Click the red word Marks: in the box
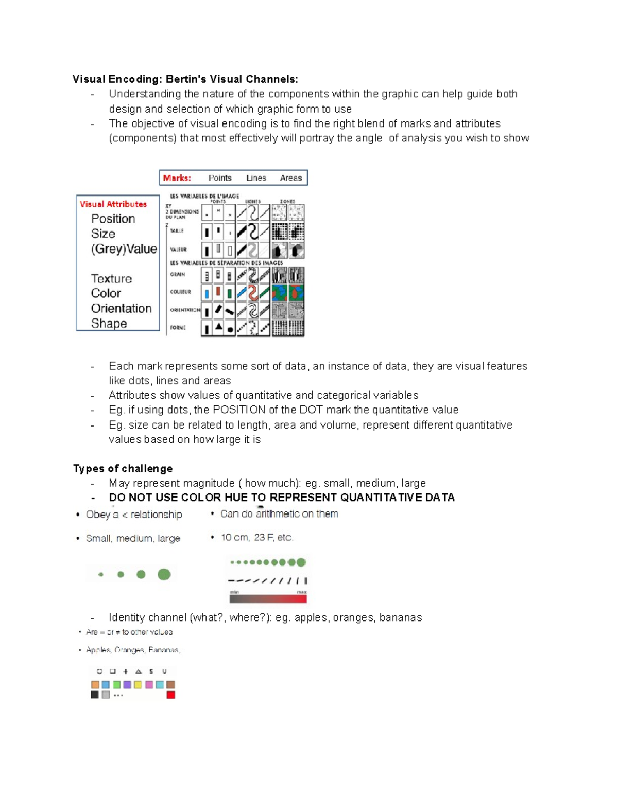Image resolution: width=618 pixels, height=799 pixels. coord(177,178)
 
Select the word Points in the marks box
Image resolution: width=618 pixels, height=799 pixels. coord(220,178)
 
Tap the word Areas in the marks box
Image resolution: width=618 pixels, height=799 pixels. coord(290,178)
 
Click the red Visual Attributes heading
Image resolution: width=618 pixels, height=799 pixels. coord(113,204)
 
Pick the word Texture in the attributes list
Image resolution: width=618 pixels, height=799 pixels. coord(111,279)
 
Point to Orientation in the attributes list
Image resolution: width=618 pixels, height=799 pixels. coord(121,308)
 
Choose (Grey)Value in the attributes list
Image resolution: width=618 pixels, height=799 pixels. coord(124,249)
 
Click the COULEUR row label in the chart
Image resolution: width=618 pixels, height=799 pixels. coord(180,292)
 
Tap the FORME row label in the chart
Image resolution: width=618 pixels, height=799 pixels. coord(178,328)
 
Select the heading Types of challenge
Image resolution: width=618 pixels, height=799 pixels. coord(123,469)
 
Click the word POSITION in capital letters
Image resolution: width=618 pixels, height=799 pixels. coord(239,410)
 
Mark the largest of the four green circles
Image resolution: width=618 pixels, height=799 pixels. coord(164,574)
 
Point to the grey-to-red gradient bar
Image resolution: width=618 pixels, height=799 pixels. coord(268,599)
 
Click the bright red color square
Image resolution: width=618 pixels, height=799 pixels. coord(171,695)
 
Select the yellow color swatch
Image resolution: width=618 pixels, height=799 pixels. coord(138,685)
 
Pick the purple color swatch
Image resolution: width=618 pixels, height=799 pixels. coord(127,685)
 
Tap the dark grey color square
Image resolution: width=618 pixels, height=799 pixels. coord(95,695)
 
